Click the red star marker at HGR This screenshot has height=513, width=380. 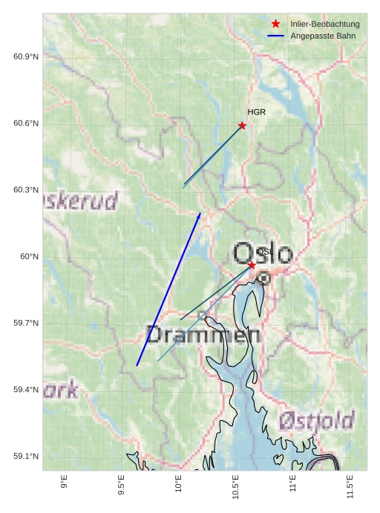click(242, 125)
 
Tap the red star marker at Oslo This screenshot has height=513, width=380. click(252, 265)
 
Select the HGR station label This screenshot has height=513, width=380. click(256, 112)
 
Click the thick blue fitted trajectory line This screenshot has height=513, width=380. click(168, 290)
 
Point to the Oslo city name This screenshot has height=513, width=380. click(263, 254)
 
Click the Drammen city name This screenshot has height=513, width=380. click(203, 335)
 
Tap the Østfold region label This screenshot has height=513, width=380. click(316, 421)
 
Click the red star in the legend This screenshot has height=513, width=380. click(276, 24)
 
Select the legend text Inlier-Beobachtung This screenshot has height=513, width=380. click(325, 24)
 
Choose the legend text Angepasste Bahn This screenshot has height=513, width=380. click(323, 36)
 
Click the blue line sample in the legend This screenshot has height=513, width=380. click(276, 36)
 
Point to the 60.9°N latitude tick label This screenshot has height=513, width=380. click(26, 57)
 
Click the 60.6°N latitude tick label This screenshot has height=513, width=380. click(26, 123)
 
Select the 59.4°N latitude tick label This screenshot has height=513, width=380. click(26, 390)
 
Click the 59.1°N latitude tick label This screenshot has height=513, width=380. click(26, 457)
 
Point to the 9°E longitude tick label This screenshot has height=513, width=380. click(65, 483)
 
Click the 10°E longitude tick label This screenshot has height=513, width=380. click(179, 485)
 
